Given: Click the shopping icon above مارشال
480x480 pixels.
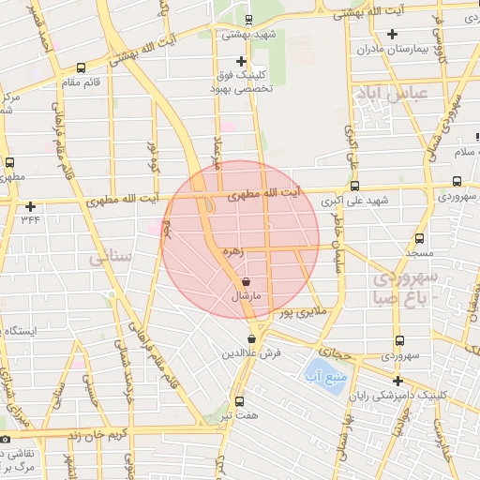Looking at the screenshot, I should coord(246,280).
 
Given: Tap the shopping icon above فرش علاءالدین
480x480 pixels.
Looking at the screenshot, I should coord(251,339).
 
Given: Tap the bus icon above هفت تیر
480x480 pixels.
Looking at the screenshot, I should coord(238,399).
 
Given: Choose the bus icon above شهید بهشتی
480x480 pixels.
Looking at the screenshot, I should coord(247,20).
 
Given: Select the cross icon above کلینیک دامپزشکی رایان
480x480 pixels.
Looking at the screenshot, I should coord(398,381).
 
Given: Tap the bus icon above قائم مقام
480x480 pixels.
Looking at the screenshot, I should coord(81,67).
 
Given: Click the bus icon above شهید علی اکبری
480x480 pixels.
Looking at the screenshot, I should coord(354,186).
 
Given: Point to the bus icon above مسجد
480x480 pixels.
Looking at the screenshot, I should coord(419,239).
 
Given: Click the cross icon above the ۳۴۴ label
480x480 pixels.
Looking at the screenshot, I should coord(31,206).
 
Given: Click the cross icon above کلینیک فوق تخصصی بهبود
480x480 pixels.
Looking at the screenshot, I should coord(241,60).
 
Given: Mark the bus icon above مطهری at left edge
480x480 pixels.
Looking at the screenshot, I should coord(9,161).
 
